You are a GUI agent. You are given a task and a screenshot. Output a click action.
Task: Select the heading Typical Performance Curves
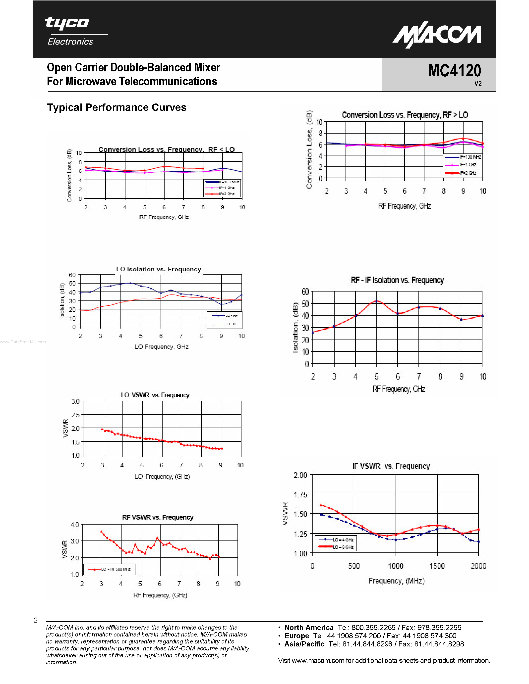[117, 107]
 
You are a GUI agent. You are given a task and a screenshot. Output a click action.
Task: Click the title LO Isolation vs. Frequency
[158, 269]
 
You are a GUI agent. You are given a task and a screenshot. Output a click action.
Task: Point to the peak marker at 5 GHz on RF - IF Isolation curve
[376, 301]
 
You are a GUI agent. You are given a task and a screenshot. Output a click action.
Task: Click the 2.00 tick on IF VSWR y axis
[300, 475]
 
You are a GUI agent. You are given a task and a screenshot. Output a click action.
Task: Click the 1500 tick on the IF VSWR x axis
[437, 566]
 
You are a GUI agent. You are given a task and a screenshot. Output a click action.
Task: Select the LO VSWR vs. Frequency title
[155, 395]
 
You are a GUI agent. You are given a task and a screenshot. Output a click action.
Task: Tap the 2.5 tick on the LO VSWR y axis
[75, 415]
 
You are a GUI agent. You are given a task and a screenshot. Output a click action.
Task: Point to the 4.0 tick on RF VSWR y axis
[75, 525]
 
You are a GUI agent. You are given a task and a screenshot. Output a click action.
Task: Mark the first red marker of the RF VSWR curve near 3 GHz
[101, 532]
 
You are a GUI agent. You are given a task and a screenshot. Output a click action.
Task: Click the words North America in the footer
[309, 628]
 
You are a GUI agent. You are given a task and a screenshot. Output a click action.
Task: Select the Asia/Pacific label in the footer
[304, 644]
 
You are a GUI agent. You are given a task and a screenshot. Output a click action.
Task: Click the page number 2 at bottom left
[36, 620]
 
